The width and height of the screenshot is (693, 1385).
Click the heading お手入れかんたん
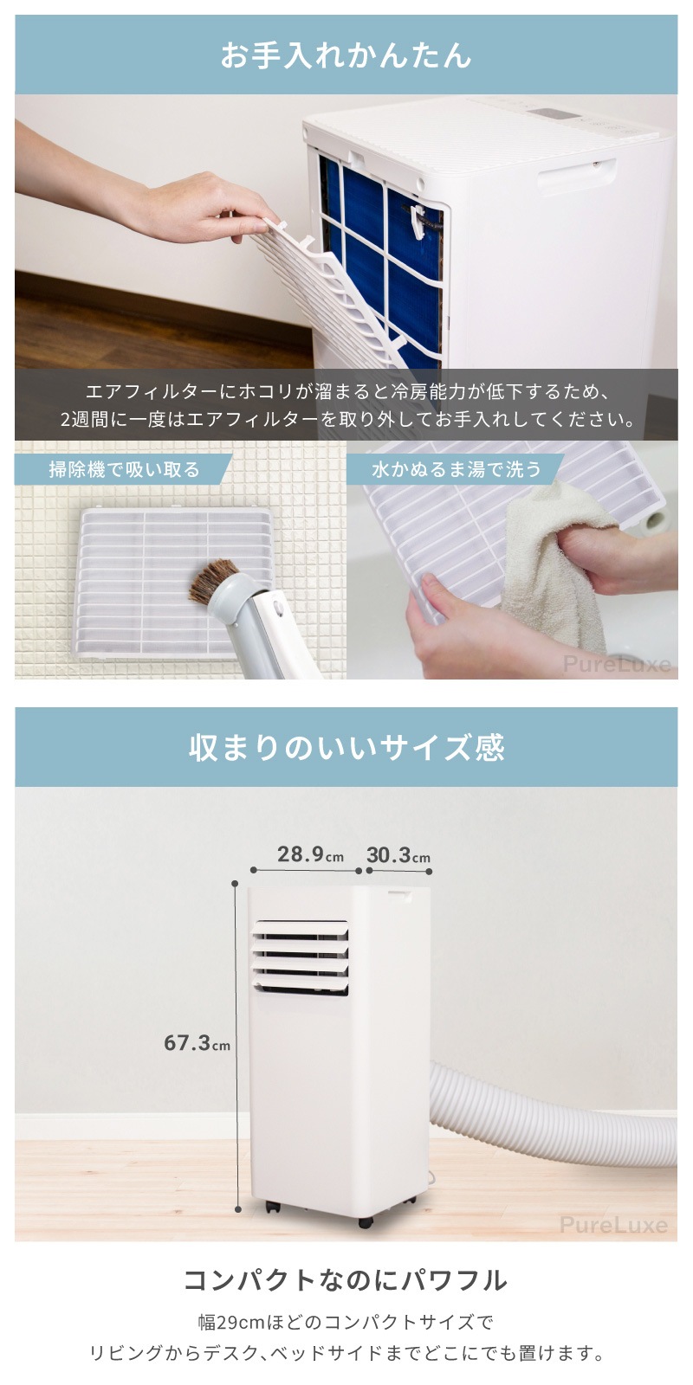(346, 55)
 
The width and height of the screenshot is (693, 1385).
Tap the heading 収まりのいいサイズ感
(346, 748)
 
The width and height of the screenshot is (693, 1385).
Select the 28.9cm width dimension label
(310, 854)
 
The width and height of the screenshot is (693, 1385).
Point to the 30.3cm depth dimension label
(398, 856)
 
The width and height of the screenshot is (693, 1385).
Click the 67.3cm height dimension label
(197, 1043)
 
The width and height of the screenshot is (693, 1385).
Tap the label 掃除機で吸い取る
(125, 470)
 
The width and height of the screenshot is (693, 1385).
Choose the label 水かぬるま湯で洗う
(457, 470)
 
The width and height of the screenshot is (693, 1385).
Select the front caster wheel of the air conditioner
(365, 1222)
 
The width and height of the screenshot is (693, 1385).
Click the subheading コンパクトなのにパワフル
(346, 1280)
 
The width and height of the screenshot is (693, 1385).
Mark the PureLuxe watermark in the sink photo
(616, 665)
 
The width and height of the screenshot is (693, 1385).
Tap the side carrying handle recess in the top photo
(577, 177)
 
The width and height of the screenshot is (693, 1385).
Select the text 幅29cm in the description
(230, 1323)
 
